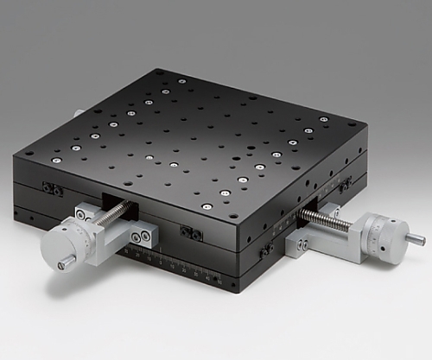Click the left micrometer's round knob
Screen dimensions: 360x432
click(x=67, y=244)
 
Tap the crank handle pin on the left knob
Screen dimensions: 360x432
click(x=65, y=263)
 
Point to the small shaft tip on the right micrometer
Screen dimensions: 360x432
click(x=416, y=239)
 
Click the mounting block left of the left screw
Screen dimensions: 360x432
click(x=85, y=212)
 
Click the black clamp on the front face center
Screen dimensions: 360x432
click(x=191, y=233)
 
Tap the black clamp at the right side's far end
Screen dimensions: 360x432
click(x=345, y=186)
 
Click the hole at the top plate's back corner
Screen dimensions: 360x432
click(x=158, y=73)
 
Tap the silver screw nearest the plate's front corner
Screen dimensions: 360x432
click(x=207, y=206)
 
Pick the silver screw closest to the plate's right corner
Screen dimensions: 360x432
click(x=324, y=119)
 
